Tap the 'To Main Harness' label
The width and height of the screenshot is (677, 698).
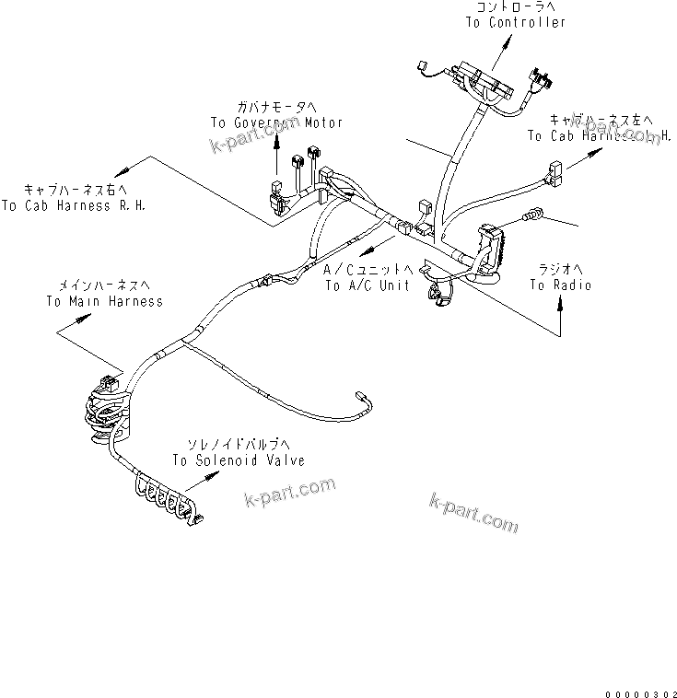(104, 301)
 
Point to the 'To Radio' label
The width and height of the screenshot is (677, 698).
(560, 285)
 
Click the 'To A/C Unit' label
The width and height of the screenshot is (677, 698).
(368, 285)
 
